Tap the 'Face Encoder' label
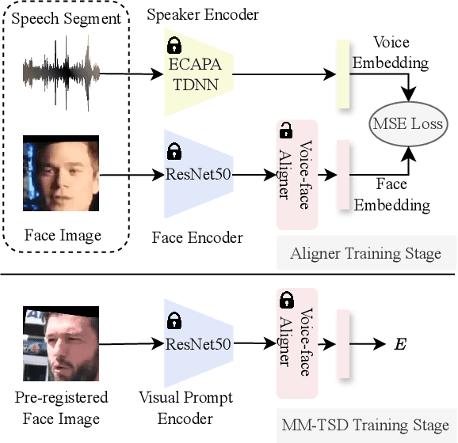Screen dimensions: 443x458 coord(197,238)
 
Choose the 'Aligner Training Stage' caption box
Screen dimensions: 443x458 coord(366,254)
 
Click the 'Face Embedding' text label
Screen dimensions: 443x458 coord(391,195)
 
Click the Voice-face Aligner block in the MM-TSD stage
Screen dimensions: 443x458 coord(295,343)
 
